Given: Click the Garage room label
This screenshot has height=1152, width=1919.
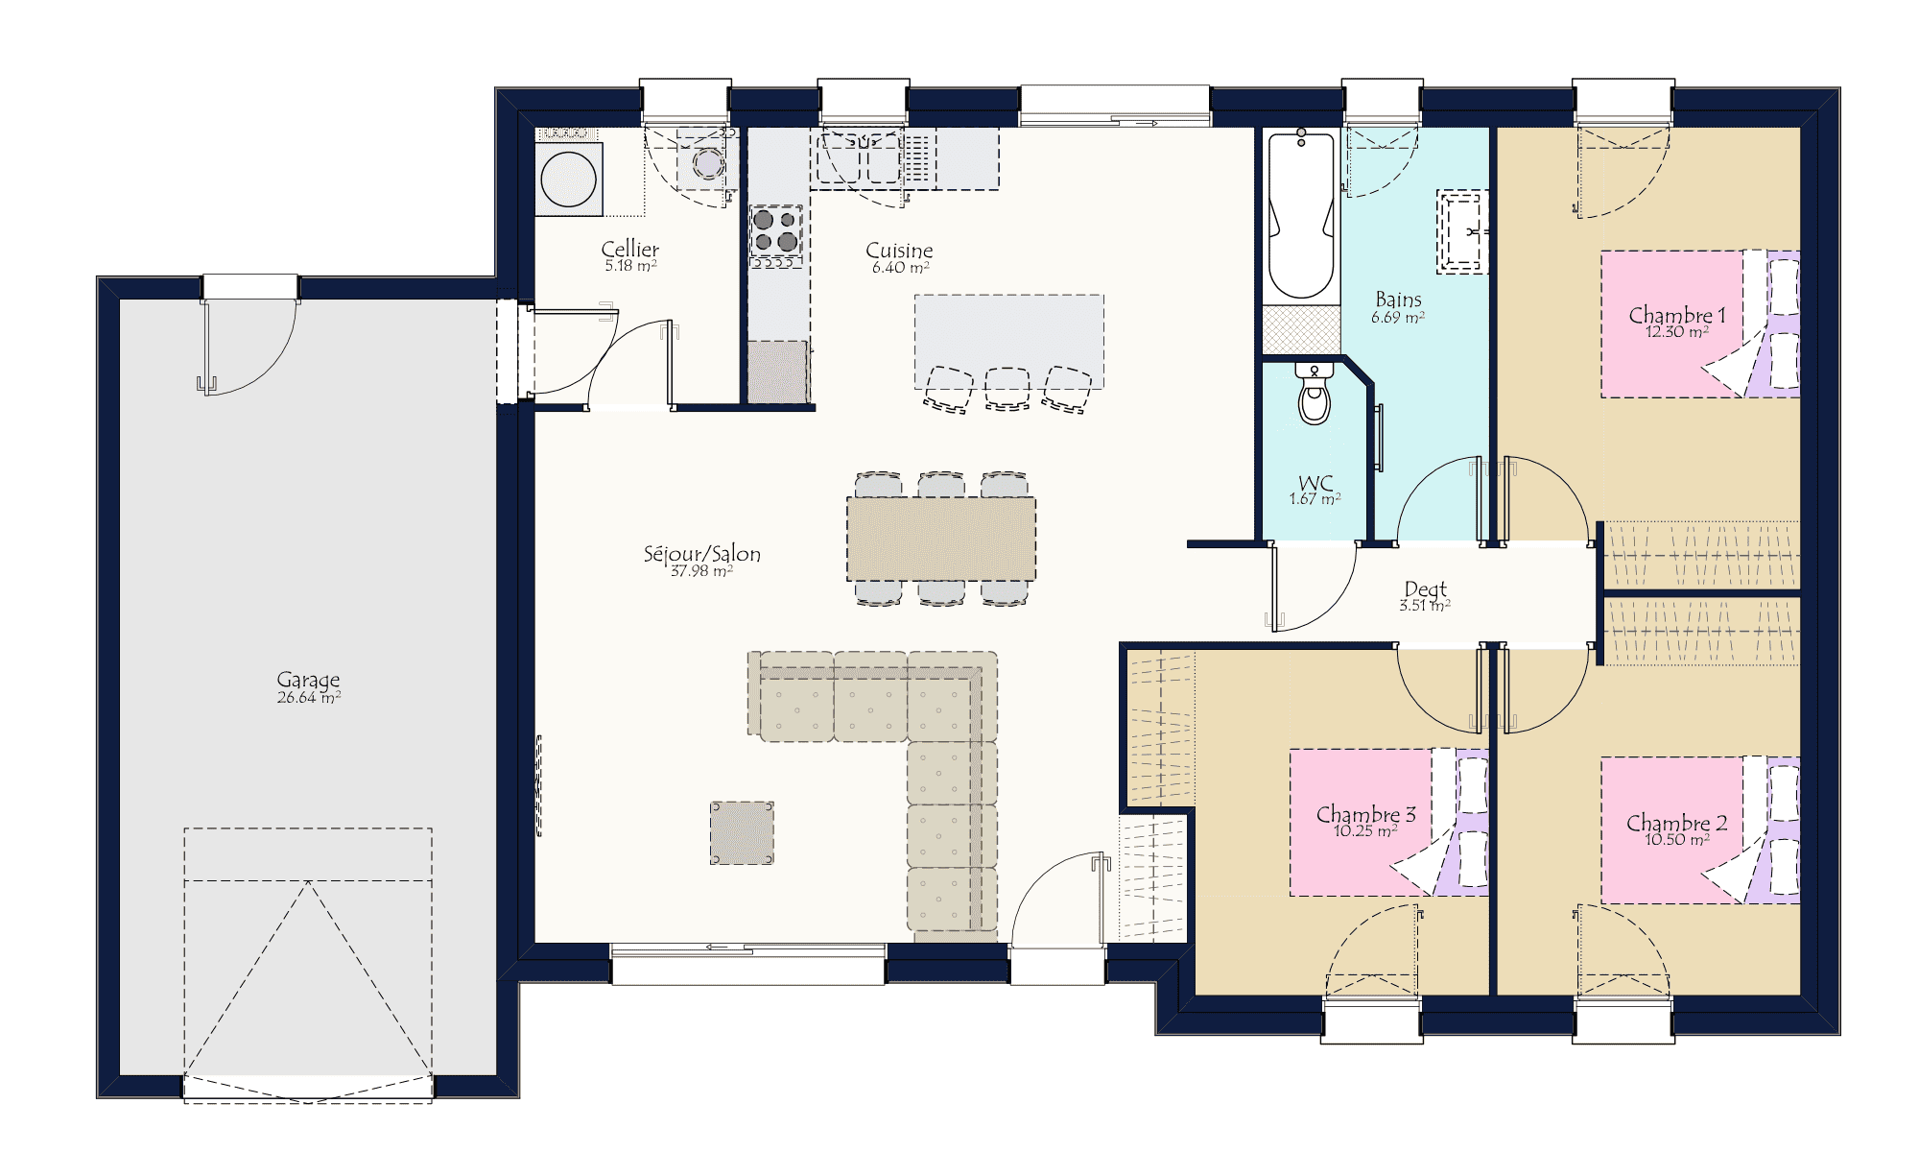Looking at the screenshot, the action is tap(308, 680).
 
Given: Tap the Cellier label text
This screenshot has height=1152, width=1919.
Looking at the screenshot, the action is tap(630, 249).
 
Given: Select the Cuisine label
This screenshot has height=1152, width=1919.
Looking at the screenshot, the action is tap(899, 250).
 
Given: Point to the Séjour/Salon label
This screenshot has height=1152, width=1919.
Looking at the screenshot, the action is tap(702, 554).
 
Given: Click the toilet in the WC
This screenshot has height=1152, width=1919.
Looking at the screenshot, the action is tap(1315, 394).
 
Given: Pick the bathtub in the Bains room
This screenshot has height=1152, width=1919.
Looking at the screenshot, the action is tap(1302, 215).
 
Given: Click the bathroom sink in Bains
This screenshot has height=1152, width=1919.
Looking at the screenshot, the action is tap(1462, 231).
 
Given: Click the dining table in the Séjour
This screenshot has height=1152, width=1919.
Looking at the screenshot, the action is tap(941, 539).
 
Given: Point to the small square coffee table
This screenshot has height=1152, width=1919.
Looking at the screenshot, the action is tap(742, 833).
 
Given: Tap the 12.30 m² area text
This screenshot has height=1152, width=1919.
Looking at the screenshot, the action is tap(1677, 332).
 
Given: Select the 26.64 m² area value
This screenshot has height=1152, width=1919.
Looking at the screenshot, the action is tap(309, 698).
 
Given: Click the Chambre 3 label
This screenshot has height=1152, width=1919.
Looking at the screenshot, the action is tap(1365, 814).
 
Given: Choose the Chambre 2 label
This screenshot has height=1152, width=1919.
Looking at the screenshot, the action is tap(1676, 823).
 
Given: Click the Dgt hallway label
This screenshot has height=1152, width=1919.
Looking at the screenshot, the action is tap(1425, 588).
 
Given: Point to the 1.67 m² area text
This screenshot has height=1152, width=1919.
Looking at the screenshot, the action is tap(1315, 499).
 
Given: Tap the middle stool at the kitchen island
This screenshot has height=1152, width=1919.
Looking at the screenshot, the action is tap(1007, 389).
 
